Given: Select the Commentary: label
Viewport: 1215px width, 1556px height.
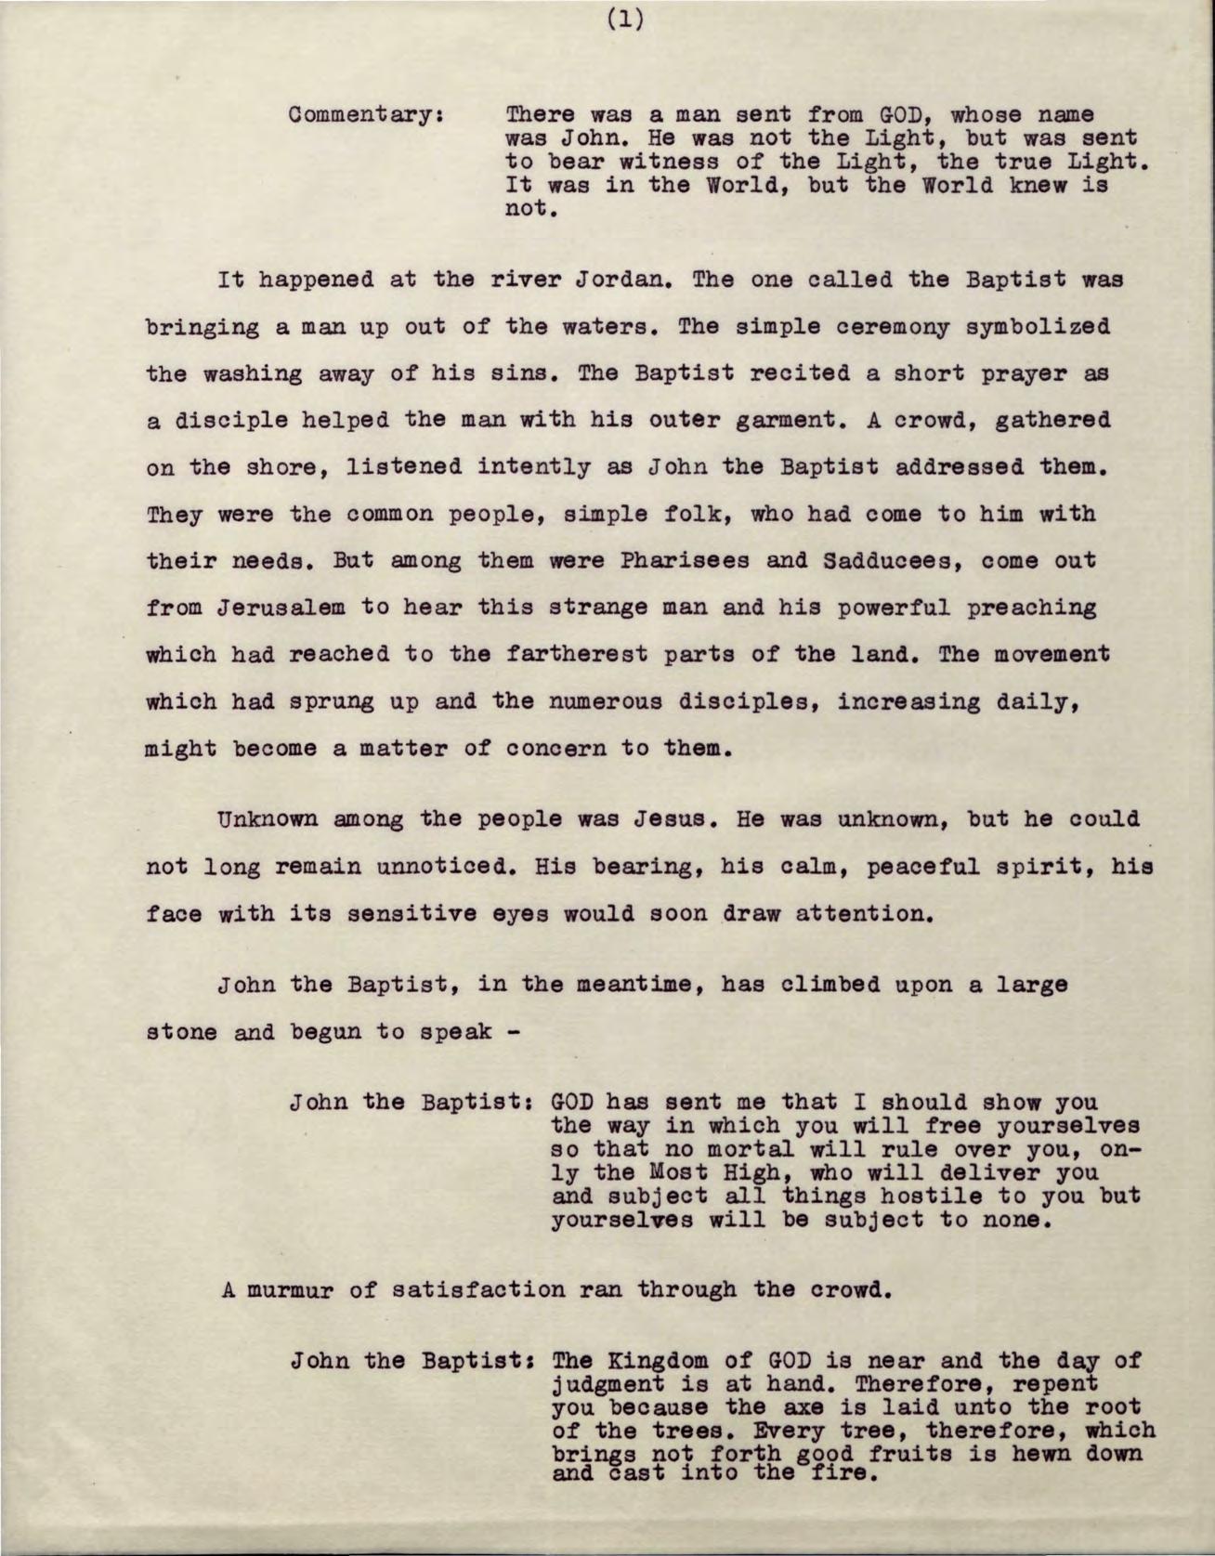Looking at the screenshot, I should pyautogui.click(x=364, y=117).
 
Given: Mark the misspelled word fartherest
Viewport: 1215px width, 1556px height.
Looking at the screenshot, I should pyautogui.click(x=589, y=655).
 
